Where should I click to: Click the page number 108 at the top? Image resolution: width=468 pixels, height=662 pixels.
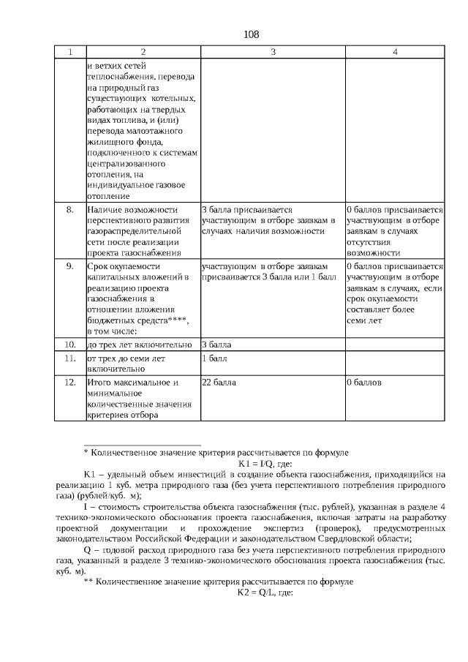pos(251,34)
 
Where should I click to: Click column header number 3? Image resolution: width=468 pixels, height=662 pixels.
pos(272,52)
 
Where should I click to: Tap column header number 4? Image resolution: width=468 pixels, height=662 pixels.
pos(394,52)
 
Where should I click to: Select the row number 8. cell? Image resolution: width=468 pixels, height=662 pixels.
pos(70,209)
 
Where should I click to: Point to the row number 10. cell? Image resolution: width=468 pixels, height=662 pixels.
pos(70,344)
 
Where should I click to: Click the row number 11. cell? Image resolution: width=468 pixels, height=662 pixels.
pos(70,359)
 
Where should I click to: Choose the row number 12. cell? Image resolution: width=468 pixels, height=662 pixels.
pos(70,383)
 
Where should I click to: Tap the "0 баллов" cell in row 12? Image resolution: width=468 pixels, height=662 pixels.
pos(364,383)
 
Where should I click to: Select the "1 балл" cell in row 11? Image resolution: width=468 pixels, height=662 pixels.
pos(214,359)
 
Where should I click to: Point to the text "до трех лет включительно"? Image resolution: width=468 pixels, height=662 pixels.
pos(139,344)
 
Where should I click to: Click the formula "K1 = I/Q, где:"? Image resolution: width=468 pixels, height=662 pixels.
pos(265,464)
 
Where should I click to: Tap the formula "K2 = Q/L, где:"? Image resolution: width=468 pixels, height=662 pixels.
pos(265,593)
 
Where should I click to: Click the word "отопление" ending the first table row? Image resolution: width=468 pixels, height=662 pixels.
pos(108,196)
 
